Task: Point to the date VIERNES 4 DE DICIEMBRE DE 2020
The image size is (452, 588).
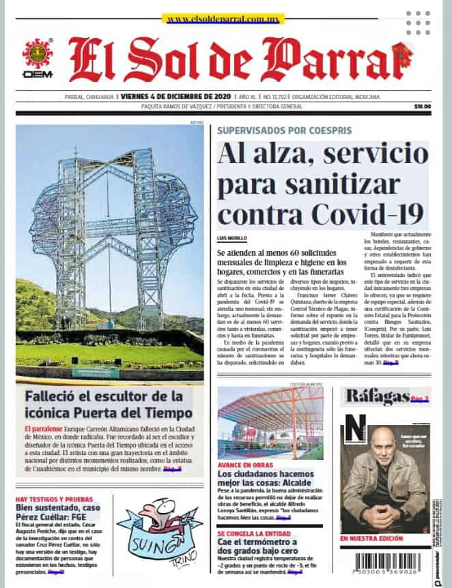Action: (176, 96)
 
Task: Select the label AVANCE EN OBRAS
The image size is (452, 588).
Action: (244, 465)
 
